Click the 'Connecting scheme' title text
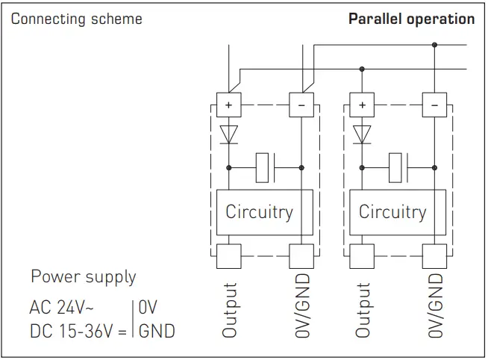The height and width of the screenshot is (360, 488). [76, 19]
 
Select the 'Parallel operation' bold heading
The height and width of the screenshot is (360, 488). [411, 19]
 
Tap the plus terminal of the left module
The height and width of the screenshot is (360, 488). [228, 105]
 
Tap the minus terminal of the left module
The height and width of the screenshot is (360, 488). [301, 105]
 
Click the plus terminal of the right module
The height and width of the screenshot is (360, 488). [362, 105]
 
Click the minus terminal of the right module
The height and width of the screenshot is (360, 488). [434, 105]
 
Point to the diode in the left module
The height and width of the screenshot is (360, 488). [228, 134]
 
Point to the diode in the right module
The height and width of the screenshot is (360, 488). [362, 134]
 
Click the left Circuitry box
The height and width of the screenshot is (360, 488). [259, 212]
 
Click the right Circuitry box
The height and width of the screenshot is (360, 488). [392, 212]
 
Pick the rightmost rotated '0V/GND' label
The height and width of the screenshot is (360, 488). [435, 305]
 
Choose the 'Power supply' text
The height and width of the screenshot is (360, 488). [83, 277]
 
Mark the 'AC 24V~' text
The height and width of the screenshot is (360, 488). [61, 307]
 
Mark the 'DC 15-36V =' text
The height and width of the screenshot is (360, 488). [78, 330]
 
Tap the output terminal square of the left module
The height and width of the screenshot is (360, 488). [228, 255]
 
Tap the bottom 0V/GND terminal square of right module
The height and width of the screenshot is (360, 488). [434, 255]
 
